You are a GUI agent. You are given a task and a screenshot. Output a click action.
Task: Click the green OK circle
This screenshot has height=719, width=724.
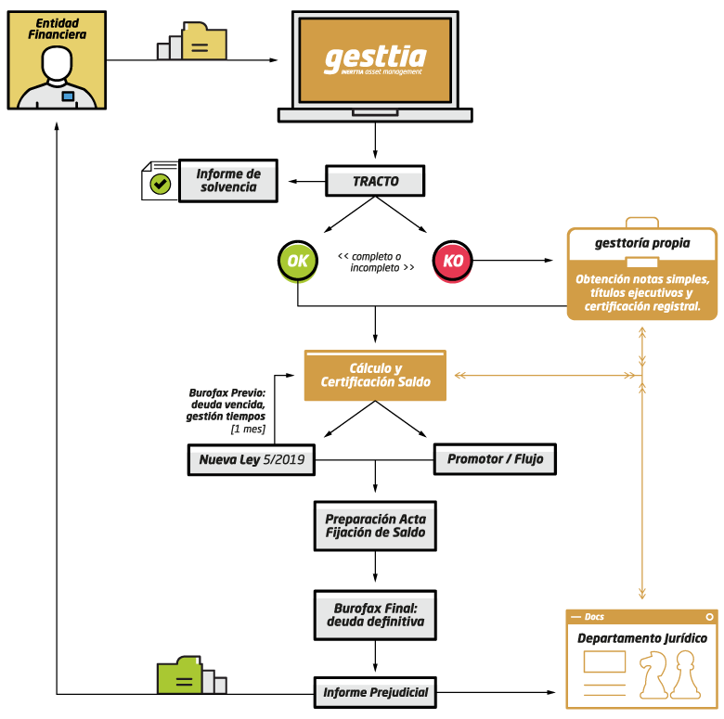coord(297,261)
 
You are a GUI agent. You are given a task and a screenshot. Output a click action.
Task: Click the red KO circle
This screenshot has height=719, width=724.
coord(453,261)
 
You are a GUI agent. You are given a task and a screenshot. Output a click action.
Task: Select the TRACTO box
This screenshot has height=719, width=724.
coord(375,183)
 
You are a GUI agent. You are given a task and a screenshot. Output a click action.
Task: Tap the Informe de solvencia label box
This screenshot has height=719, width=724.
coord(228,181)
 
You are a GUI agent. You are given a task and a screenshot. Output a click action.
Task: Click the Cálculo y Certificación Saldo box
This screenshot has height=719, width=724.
coord(375,375)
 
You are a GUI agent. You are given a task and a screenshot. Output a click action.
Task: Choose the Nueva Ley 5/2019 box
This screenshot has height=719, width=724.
coord(252,460)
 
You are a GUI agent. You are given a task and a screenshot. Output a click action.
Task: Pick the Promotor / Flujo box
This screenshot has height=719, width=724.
coord(496,460)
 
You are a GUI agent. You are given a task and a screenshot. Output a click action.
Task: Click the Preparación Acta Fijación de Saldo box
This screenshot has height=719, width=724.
coord(375,526)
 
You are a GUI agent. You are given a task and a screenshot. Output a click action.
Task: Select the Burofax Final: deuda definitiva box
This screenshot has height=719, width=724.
coord(375,615)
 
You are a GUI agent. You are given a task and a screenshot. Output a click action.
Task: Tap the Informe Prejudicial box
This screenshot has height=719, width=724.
coord(375,693)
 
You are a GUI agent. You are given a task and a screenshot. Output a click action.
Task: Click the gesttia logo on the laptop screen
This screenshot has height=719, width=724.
coord(375,58)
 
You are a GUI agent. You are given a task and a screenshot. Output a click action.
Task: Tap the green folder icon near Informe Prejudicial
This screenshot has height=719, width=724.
coord(179,676)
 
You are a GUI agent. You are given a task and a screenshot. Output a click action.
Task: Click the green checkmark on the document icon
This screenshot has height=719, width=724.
coord(161,184)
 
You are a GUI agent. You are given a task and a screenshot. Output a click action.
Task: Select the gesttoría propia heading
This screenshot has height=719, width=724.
coord(642,244)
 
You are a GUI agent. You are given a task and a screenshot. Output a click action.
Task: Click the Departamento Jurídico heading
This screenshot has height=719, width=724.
coord(642,638)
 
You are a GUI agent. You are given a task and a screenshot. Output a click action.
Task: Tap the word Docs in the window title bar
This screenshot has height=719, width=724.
coord(594,617)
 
